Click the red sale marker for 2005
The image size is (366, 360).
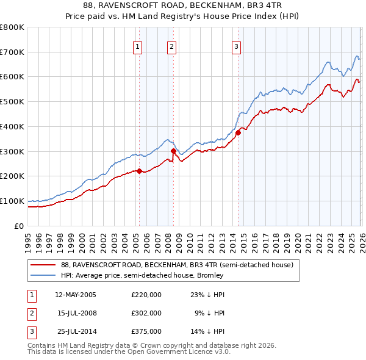click(x=139, y=171)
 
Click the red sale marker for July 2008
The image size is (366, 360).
click(x=173, y=151)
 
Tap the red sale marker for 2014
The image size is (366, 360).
click(x=238, y=132)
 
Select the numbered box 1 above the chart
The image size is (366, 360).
click(x=138, y=46)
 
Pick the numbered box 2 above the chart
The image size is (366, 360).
click(x=172, y=46)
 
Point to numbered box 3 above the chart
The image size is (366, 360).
click(x=237, y=46)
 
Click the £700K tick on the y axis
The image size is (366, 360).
click(x=12, y=52)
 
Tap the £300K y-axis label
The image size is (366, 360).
click(x=12, y=151)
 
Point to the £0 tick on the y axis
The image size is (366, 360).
click(x=20, y=226)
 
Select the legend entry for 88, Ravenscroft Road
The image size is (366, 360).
click(x=177, y=265)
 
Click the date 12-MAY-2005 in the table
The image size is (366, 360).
click(x=76, y=295)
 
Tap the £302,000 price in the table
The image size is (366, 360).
click(x=146, y=313)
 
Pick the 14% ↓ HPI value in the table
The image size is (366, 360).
click(x=208, y=331)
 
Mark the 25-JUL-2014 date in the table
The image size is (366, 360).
click(x=76, y=331)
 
